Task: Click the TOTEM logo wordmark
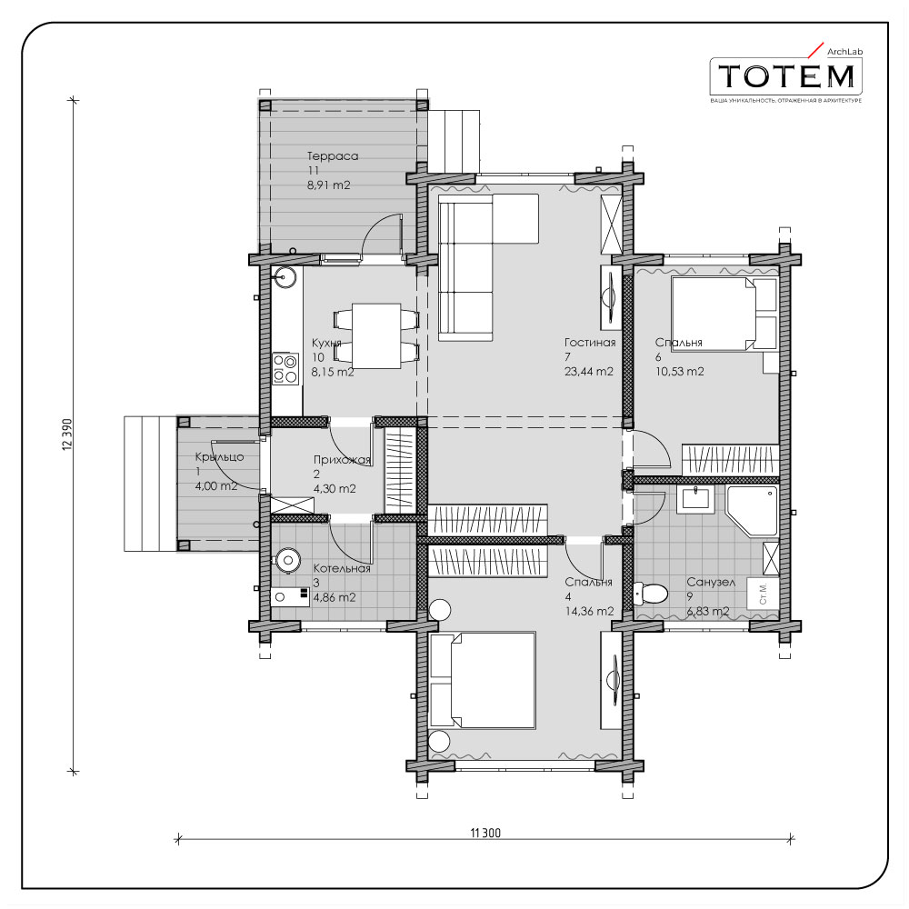(x=786, y=76)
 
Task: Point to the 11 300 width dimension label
(x=485, y=833)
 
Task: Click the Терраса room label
(x=333, y=156)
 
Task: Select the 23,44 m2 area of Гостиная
(x=588, y=372)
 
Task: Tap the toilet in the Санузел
(x=651, y=593)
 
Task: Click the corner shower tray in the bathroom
(x=752, y=511)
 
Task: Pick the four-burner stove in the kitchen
(x=285, y=369)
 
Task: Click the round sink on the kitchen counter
(x=285, y=277)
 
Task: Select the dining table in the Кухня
(x=377, y=335)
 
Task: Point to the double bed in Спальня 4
(x=481, y=680)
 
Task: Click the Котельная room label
(x=342, y=568)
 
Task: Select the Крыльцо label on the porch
(x=219, y=457)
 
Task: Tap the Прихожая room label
(x=342, y=460)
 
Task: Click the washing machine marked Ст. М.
(x=763, y=593)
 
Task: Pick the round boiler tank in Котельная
(x=287, y=560)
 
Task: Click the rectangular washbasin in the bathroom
(x=695, y=498)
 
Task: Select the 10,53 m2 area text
(x=679, y=372)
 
